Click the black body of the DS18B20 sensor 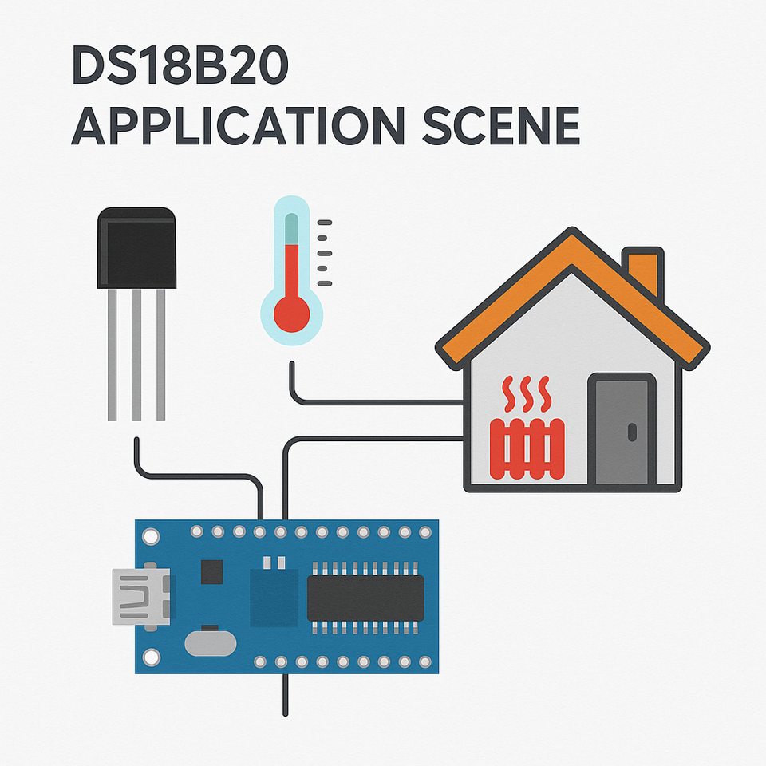pos(136,247)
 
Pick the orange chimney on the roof pos(643,271)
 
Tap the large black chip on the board pos(365,598)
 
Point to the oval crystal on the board pos(211,642)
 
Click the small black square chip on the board pos(211,571)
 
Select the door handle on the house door pos(633,432)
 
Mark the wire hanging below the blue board pos(284,694)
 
